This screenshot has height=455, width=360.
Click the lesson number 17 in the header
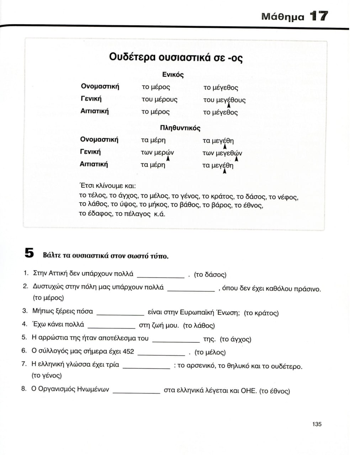point(318,16)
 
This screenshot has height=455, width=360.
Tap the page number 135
point(317,424)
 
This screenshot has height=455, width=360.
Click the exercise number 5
point(29,253)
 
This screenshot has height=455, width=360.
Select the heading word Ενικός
point(173,75)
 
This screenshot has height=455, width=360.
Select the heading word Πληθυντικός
point(180,128)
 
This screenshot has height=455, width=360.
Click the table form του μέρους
point(159,100)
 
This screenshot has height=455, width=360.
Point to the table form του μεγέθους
point(224,100)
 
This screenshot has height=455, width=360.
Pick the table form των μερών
point(157,153)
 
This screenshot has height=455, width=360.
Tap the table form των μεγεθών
point(222,153)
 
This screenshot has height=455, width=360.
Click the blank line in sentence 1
point(160,276)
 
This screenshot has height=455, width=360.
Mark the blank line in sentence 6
point(161,354)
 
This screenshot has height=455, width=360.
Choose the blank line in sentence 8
point(136,392)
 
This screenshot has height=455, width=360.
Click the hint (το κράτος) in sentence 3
point(261,313)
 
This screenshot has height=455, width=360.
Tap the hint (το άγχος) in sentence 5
point(235,339)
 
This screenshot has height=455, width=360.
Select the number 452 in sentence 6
point(128,352)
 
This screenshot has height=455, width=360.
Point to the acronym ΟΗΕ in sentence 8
point(249,391)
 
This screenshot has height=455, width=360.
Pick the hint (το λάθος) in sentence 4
point(199,326)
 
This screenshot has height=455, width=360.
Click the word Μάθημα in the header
point(282,17)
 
